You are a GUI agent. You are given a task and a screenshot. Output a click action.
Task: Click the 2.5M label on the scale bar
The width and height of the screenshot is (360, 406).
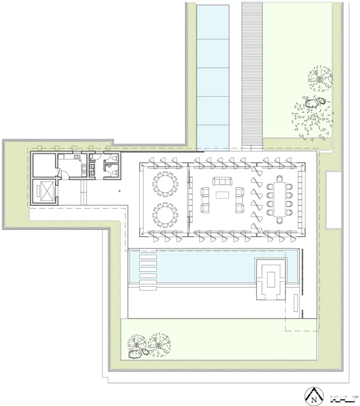point(355,397)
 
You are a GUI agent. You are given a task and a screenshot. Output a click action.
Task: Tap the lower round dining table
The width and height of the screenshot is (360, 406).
point(165,215)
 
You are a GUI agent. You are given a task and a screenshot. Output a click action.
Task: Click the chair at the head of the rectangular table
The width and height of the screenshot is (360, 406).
point(279,179)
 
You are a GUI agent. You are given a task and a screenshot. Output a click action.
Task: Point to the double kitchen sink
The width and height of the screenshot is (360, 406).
point(77,157)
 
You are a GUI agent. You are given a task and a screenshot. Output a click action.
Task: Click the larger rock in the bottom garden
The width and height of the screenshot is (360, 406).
point(135,355)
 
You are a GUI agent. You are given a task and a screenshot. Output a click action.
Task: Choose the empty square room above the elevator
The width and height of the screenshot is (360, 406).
point(43,164)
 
